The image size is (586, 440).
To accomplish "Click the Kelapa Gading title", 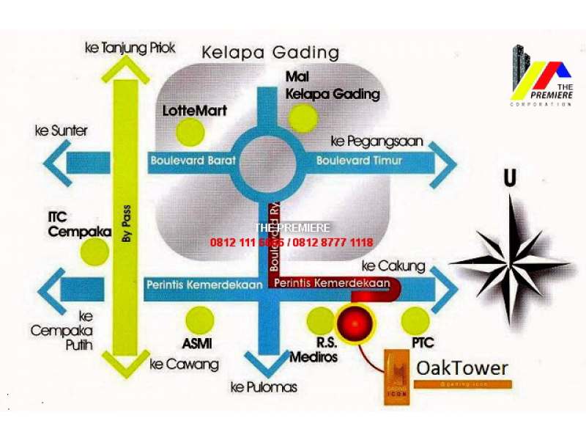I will pos(270,53).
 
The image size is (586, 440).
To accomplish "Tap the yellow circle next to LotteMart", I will pos(190,132).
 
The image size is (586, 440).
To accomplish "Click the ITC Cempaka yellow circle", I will pos(94,252).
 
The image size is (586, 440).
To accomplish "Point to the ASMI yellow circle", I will pos(200,320).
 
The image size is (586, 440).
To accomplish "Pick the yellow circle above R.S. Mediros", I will pos(320,320).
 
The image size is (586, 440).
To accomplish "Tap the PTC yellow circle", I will pos(415,320).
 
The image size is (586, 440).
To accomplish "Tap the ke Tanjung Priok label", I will pos(130,48).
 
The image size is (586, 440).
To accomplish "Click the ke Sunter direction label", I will pos(61,131).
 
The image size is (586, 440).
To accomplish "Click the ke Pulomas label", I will pos(264,387).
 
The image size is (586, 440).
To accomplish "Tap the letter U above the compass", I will pos(509,178).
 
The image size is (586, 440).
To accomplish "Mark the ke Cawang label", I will pos(185,364).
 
